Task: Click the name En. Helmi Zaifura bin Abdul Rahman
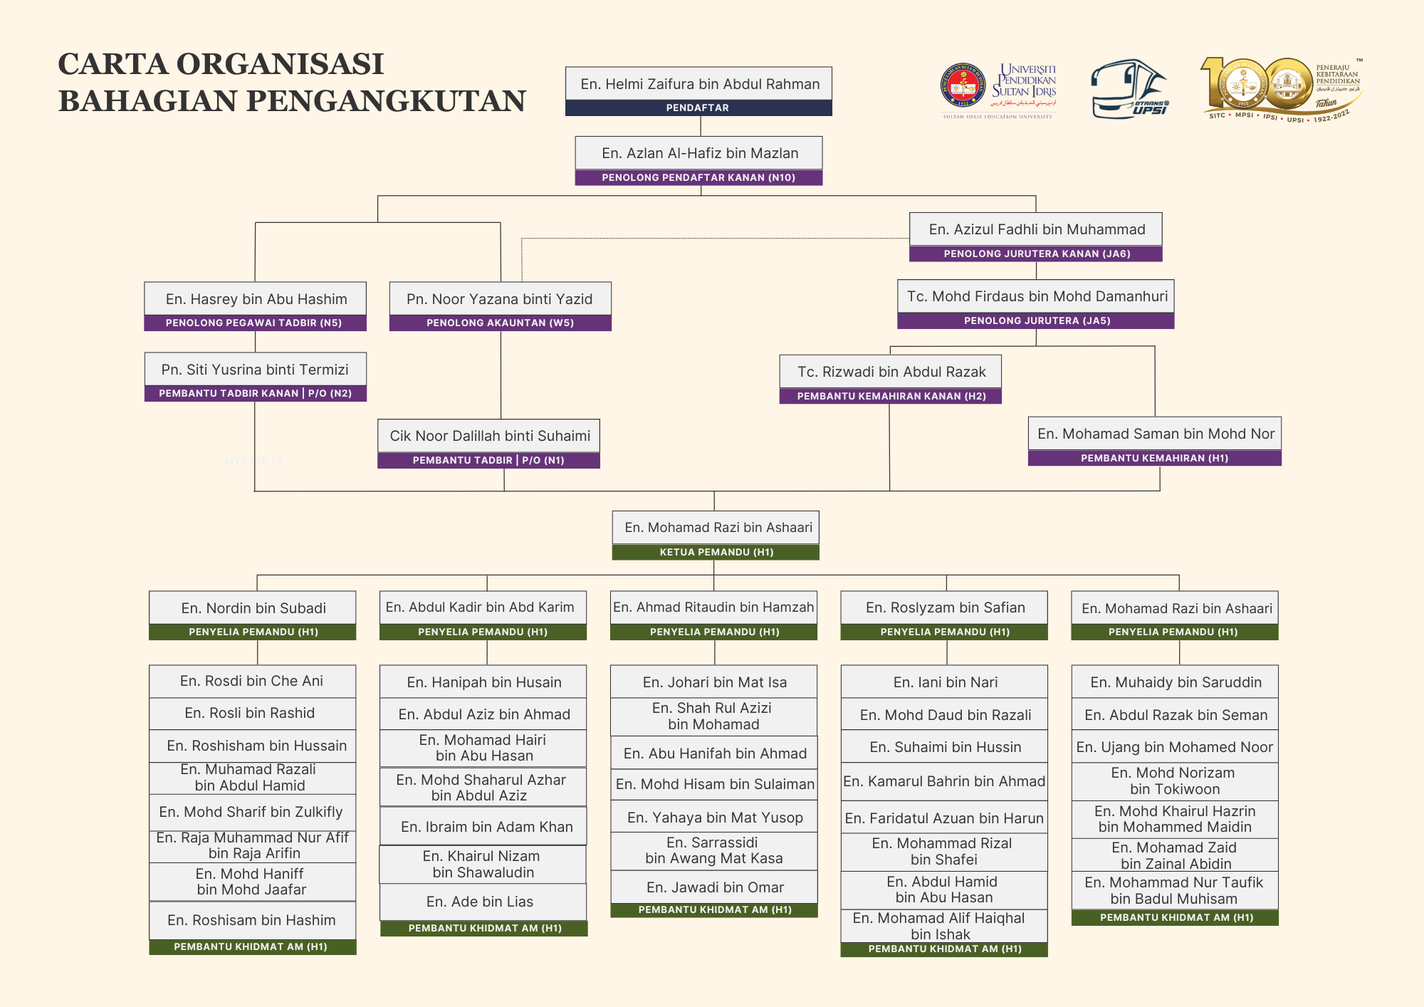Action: (700, 84)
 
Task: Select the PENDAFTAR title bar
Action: (698, 108)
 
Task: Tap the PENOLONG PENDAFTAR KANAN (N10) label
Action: (698, 177)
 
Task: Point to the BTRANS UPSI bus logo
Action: (1130, 89)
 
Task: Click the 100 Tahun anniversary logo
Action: (1282, 90)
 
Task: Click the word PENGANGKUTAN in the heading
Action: (388, 100)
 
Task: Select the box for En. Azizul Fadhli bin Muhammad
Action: (1036, 237)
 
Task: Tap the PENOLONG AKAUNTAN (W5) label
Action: (500, 323)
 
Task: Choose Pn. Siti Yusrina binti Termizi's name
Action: (255, 370)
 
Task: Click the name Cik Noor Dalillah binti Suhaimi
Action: (490, 436)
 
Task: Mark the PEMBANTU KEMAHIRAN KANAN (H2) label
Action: (891, 396)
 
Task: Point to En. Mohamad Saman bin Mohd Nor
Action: (1156, 434)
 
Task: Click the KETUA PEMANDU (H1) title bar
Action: (716, 552)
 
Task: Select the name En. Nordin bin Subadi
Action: (253, 608)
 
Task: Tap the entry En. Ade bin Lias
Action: (480, 902)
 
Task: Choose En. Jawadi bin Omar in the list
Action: (715, 887)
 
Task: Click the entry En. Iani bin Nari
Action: (946, 682)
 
